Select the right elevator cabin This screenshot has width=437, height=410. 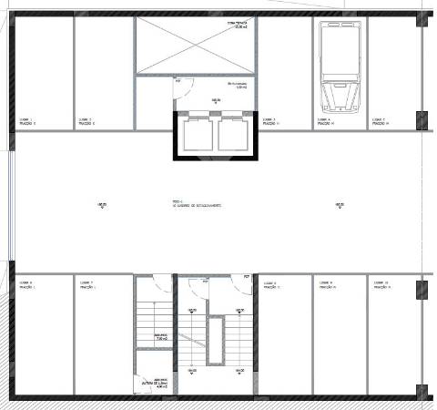pyautogui.click(x=231, y=135)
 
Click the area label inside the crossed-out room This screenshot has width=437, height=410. pyautogui.click(x=239, y=26)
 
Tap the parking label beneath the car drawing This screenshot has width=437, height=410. pyautogui.click(x=326, y=120)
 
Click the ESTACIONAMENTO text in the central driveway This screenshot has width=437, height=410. pyautogui.click(x=196, y=205)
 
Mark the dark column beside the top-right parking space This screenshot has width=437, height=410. pyautogui.click(x=422, y=119)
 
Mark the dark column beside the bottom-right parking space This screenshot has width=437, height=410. pyautogui.click(x=422, y=291)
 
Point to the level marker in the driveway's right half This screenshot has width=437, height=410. pyautogui.click(x=339, y=205)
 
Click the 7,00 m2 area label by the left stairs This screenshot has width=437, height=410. pyautogui.click(x=160, y=337)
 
